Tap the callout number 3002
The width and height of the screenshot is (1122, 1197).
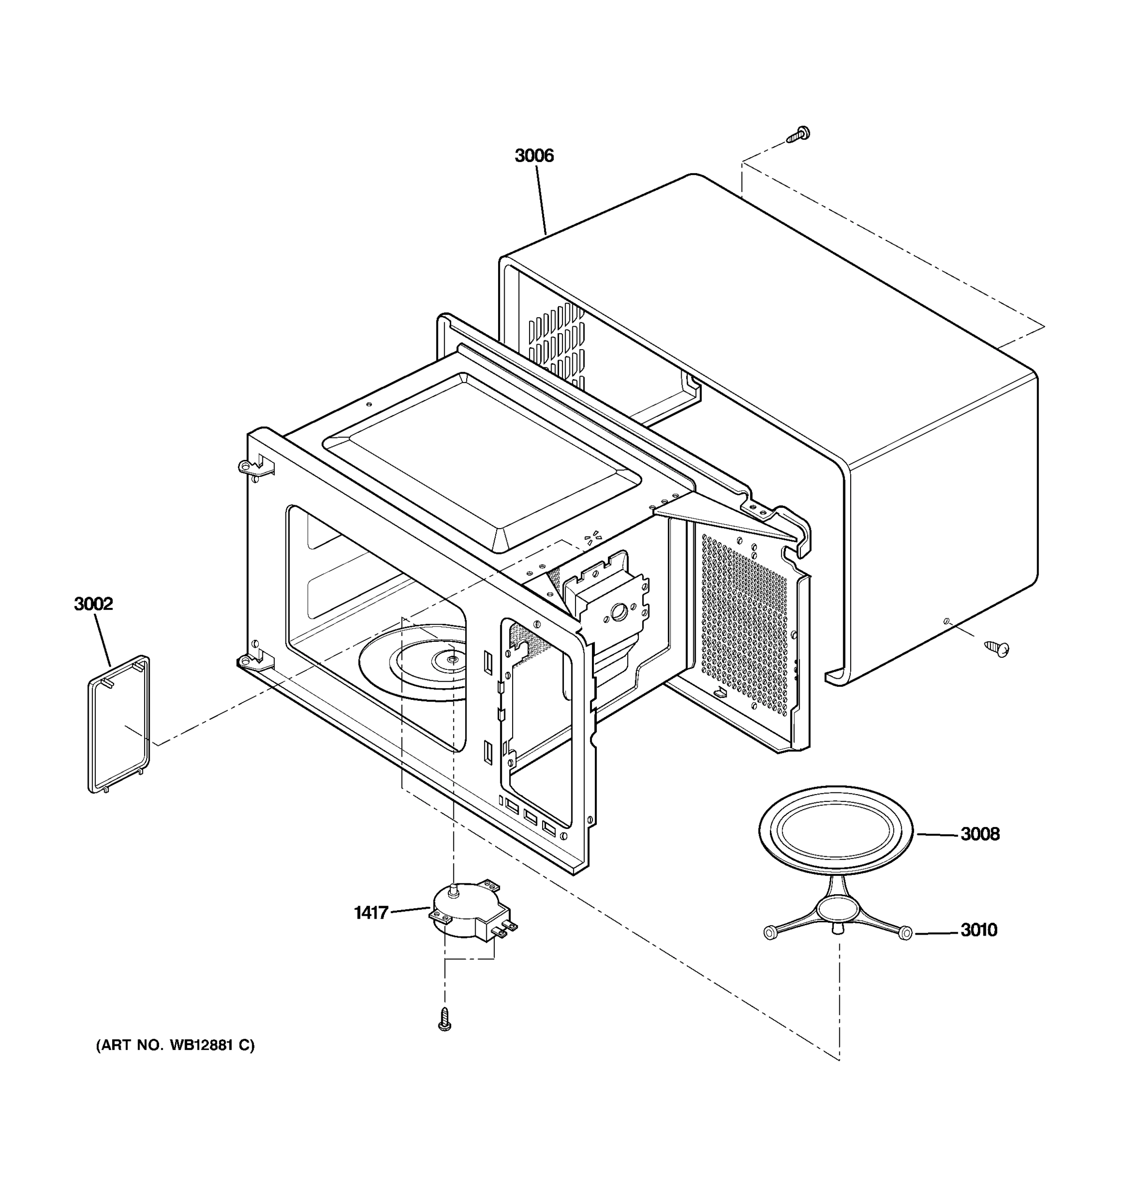93,603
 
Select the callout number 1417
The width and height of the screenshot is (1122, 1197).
371,912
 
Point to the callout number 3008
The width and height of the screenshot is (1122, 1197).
979,834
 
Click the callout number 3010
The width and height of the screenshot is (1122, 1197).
978,930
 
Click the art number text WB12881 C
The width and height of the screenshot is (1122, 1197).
175,1045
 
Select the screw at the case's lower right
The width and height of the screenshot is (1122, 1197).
996,648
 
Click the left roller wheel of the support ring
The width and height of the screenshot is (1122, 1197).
769,933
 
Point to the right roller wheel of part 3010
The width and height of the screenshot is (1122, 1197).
905,934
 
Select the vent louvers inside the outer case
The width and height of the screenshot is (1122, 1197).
557,343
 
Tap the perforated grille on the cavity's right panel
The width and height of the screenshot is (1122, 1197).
744,626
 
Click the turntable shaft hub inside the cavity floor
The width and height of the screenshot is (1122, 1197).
451,660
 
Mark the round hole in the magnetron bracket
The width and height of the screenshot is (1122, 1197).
618,613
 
